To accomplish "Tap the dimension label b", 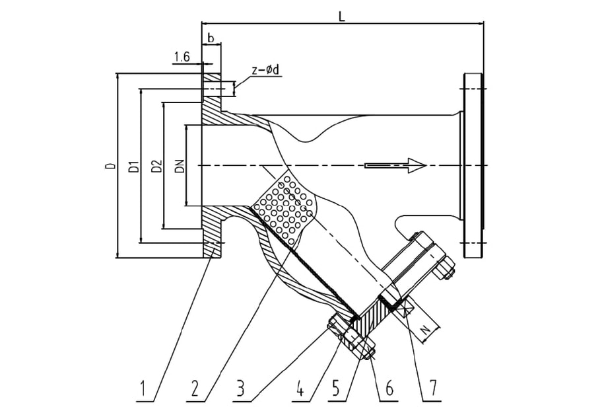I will pyautogui.click(x=211, y=38).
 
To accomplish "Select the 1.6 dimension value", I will pyautogui.click(x=182, y=57).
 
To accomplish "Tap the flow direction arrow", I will pyautogui.click(x=395, y=165).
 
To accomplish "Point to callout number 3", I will pyautogui.click(x=245, y=389).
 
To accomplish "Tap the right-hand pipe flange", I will pyautogui.click(x=474, y=165).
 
